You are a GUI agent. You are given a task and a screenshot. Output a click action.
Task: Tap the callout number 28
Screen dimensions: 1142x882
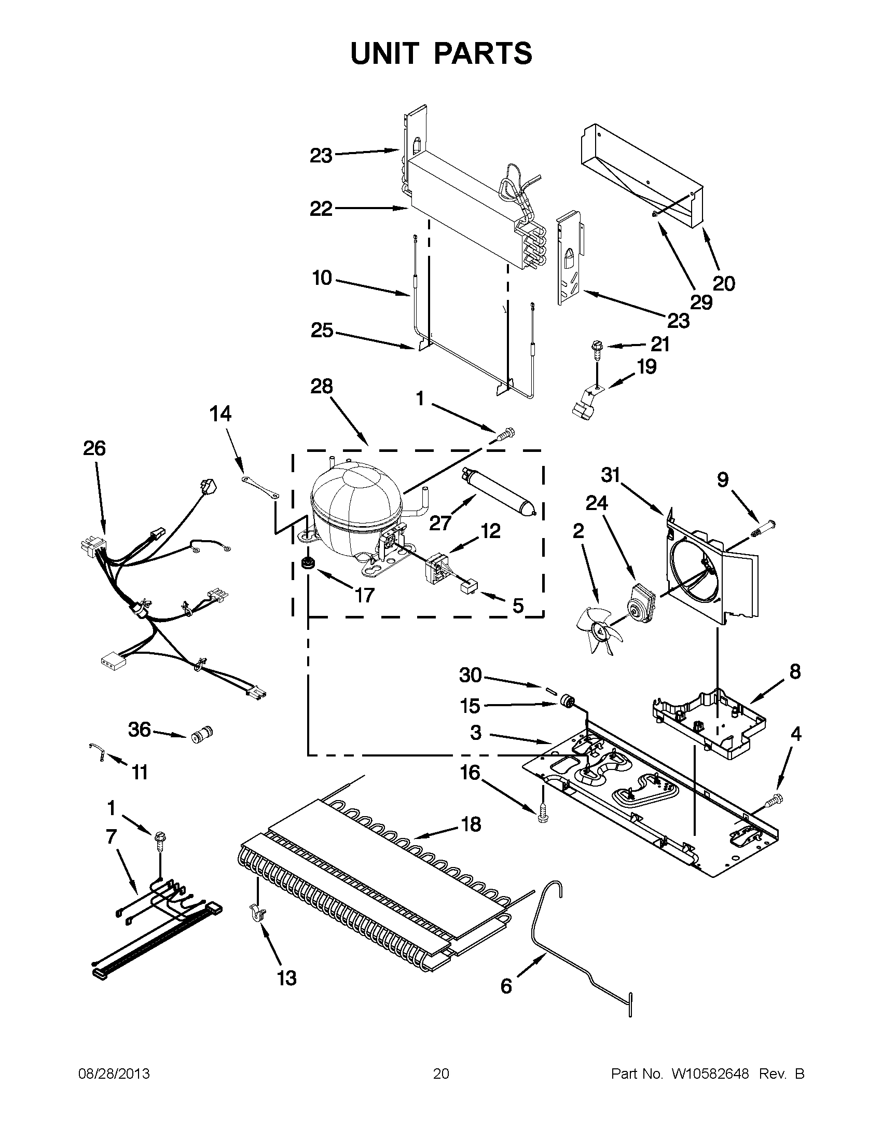pos(321,387)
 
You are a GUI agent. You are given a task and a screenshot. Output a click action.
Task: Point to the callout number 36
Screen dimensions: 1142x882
pos(139,730)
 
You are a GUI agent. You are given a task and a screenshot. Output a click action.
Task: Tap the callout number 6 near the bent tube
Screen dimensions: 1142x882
pos(506,986)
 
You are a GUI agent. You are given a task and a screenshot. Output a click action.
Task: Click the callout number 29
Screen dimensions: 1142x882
pos(701,301)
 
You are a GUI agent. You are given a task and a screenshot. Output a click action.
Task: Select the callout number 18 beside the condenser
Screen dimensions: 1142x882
pos(471,824)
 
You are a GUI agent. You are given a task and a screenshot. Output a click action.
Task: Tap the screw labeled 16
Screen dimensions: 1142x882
pos(542,824)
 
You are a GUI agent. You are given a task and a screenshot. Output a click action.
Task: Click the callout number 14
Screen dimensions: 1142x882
pos(220,414)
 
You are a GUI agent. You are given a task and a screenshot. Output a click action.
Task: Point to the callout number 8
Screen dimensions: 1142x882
pos(795,671)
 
